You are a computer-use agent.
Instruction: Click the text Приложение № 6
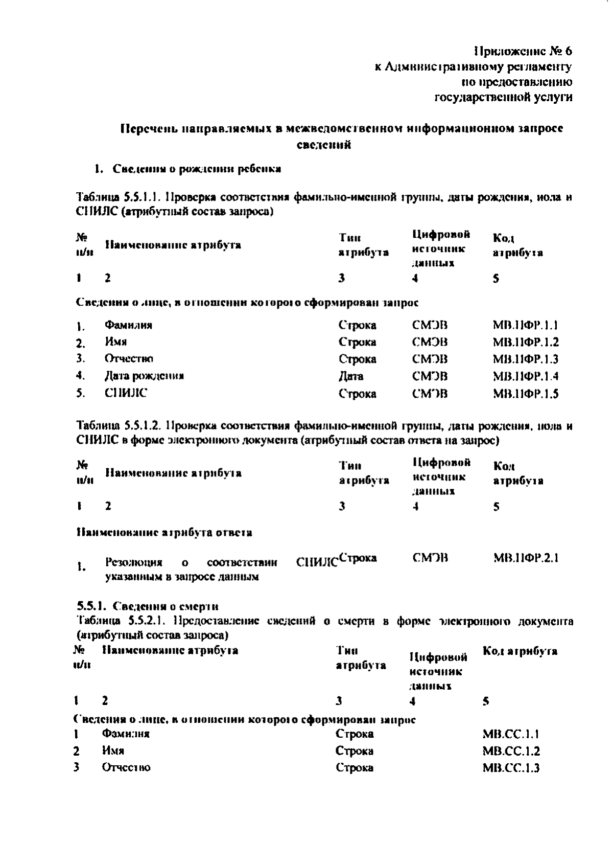click(523, 51)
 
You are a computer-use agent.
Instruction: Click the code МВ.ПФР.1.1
click(525, 325)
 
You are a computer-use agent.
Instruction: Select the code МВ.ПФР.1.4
click(525, 376)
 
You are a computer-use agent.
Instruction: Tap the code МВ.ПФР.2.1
click(526, 558)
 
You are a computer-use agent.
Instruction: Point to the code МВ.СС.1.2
click(511, 751)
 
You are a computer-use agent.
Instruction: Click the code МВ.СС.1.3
click(511, 768)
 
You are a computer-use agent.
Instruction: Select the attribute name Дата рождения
click(144, 376)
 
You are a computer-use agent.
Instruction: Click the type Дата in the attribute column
click(351, 377)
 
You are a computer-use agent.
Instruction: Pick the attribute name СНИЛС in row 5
click(126, 393)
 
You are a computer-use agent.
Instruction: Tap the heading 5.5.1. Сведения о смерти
click(148, 607)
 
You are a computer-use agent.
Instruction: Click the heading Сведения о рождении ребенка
click(197, 169)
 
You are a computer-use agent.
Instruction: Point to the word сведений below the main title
click(323, 145)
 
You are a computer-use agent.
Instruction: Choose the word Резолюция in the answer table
click(133, 563)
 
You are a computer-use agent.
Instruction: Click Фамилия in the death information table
click(125, 734)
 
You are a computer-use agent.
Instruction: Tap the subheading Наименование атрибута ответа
click(163, 533)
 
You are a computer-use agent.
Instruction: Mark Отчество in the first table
click(129, 359)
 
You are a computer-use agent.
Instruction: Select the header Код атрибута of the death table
click(520, 651)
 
